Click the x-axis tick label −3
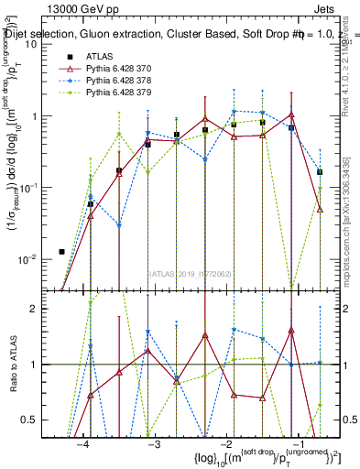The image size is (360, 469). coord(154,445)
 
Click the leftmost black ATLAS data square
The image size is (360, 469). coord(61,251)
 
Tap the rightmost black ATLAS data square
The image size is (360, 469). coord(320,171)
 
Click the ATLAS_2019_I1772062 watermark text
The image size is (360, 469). coord(189,274)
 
